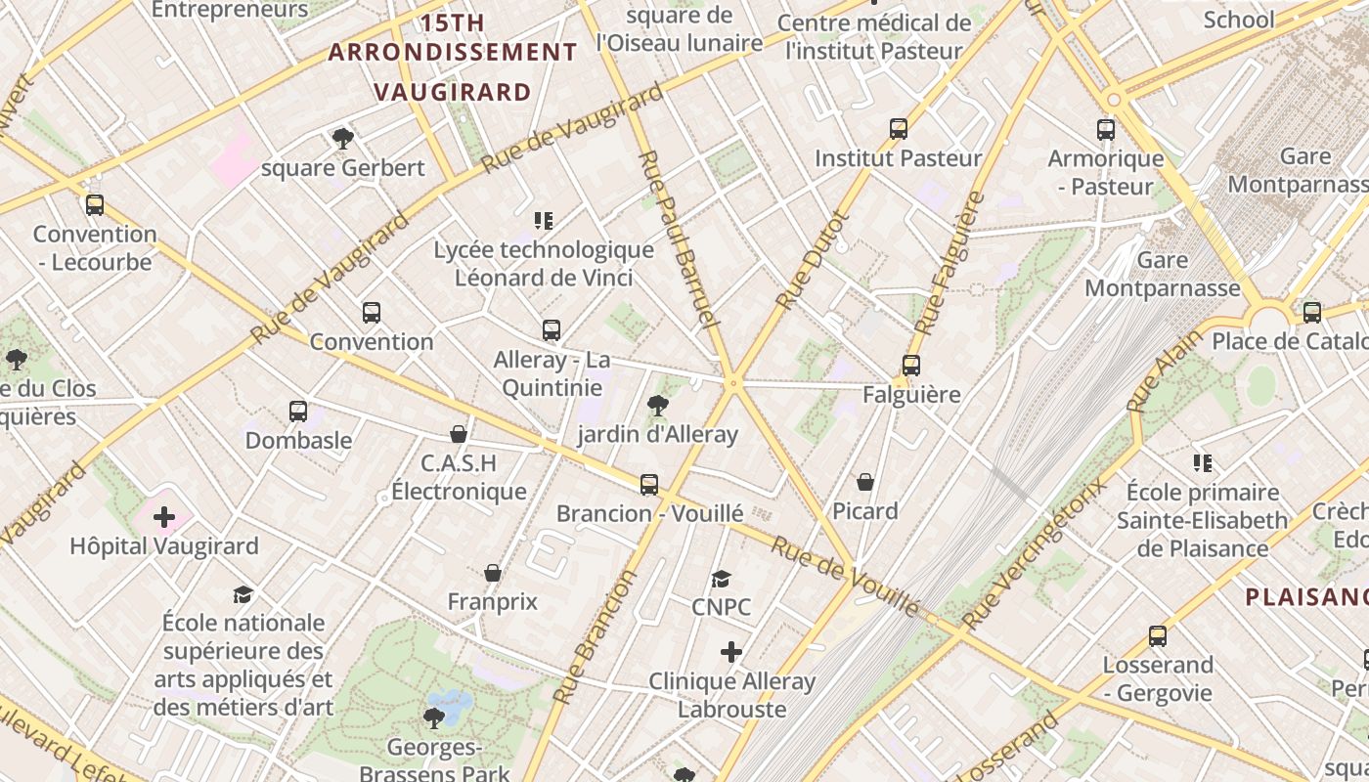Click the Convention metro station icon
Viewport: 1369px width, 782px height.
(372, 313)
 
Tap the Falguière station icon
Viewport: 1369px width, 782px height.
(911, 366)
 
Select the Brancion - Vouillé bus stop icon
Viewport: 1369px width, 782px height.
(649, 484)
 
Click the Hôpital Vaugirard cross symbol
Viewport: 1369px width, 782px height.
(164, 516)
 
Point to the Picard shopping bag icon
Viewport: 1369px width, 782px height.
(865, 482)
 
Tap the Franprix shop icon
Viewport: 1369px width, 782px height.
(493, 573)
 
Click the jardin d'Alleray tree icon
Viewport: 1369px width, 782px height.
(658, 405)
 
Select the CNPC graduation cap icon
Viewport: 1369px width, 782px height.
(722, 579)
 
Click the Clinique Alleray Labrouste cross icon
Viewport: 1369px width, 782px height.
(731, 652)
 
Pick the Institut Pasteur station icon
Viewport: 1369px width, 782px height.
(899, 128)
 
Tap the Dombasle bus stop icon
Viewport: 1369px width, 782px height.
(298, 412)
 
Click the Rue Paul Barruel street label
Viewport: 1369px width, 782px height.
(678, 239)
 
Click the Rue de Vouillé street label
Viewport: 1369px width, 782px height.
(845, 576)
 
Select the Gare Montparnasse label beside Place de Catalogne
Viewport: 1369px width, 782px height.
(1163, 274)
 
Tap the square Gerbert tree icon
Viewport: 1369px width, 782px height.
(342, 138)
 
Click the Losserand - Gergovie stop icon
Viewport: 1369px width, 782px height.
(1158, 636)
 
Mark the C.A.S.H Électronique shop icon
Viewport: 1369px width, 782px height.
(458, 433)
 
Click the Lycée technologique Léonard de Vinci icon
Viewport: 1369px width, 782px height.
(544, 221)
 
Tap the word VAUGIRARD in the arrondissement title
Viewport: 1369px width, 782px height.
(453, 92)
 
